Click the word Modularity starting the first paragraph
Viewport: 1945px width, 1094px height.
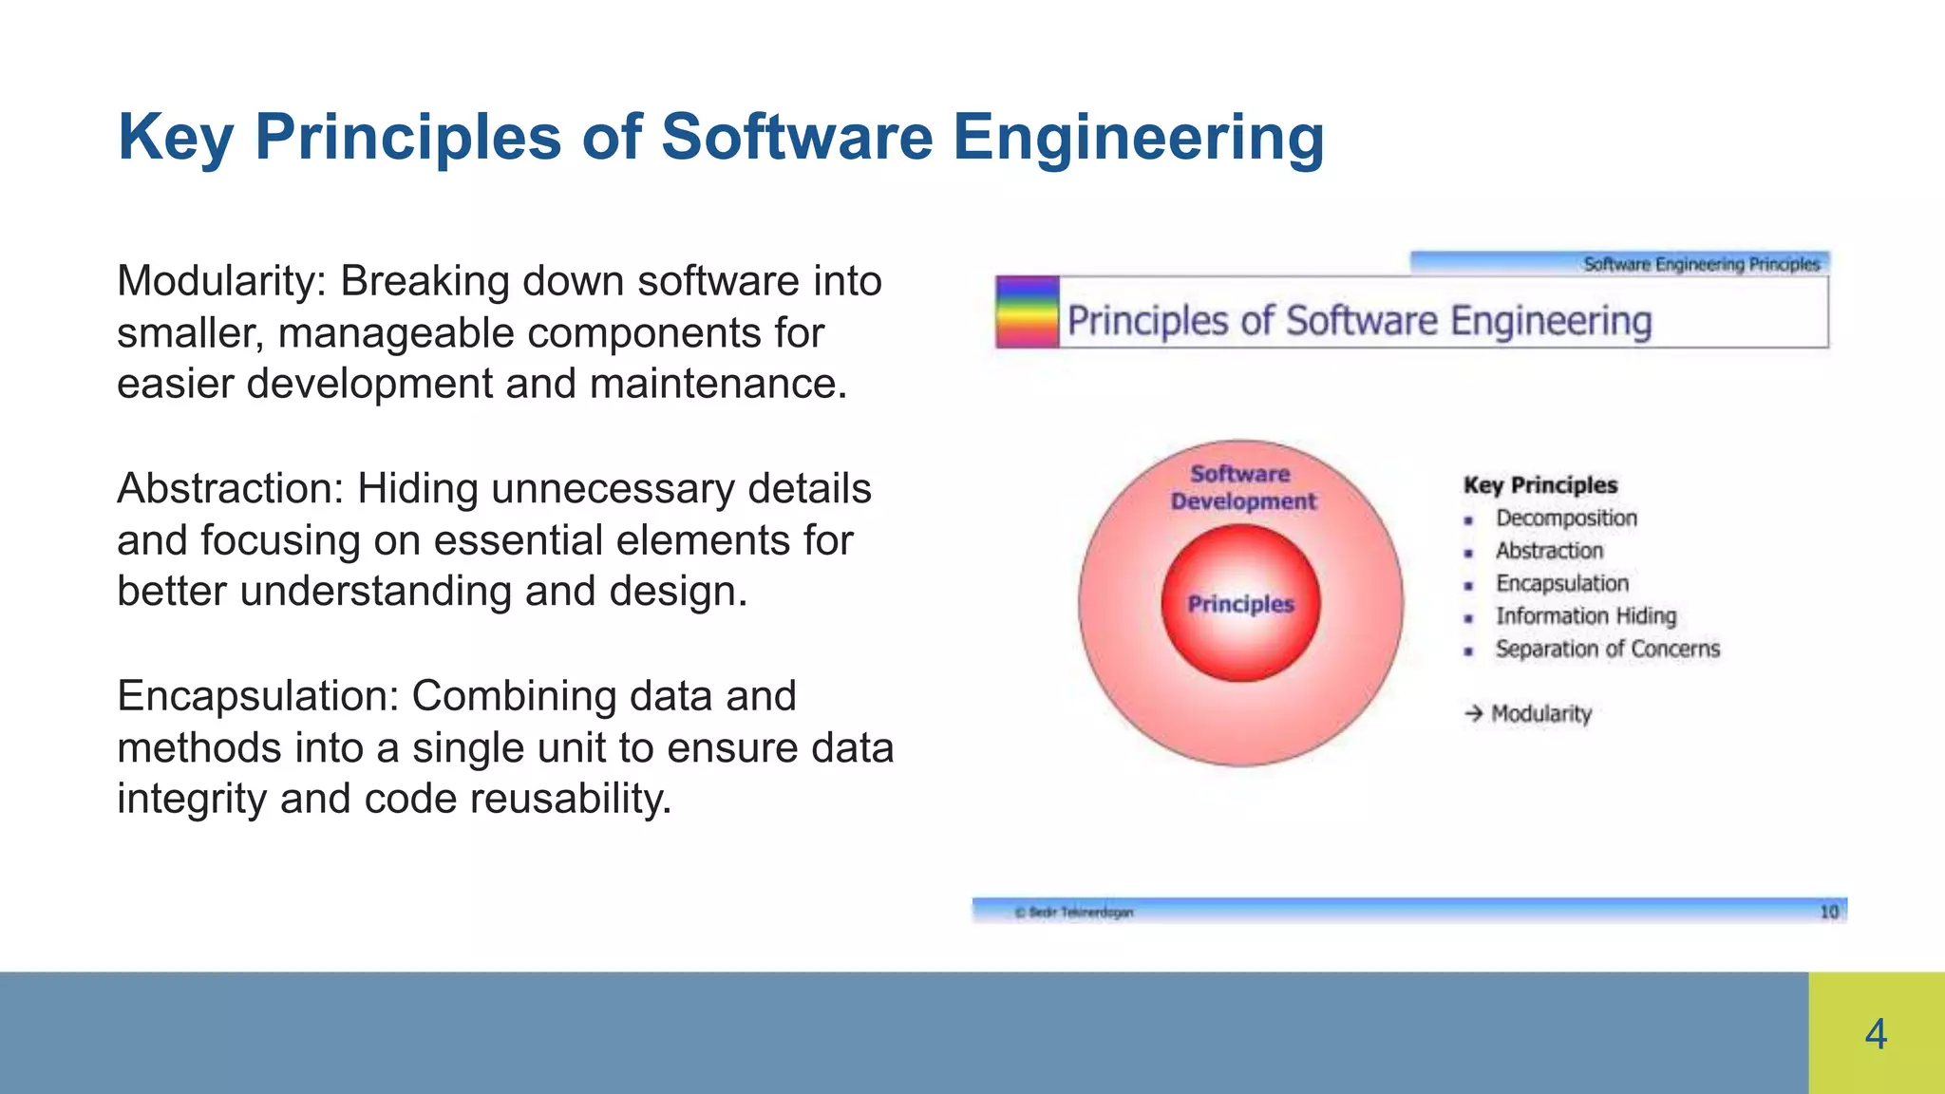point(220,282)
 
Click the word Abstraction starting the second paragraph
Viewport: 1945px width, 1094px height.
point(229,489)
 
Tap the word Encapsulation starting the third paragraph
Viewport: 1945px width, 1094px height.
point(256,697)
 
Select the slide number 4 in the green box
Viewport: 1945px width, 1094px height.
point(1876,1034)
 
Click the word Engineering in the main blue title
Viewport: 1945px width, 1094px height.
point(1138,137)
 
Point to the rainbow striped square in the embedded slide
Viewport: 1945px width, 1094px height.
point(1027,312)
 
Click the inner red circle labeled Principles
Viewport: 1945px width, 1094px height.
point(1240,604)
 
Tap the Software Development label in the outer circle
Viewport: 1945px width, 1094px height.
point(1242,487)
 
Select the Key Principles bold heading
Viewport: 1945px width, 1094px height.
point(1539,485)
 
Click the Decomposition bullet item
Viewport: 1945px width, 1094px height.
point(1566,519)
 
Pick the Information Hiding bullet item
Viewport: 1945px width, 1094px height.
point(1585,616)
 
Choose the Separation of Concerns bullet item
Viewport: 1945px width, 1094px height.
point(1607,650)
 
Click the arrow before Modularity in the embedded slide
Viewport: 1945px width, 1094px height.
point(1473,713)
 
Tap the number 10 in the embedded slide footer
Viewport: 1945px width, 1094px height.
point(1828,912)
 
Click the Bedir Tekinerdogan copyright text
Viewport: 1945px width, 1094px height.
point(1074,913)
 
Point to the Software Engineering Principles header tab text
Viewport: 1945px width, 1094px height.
point(1701,264)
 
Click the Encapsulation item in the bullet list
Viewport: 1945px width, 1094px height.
point(1561,584)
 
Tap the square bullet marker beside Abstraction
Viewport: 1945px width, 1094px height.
point(1468,553)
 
